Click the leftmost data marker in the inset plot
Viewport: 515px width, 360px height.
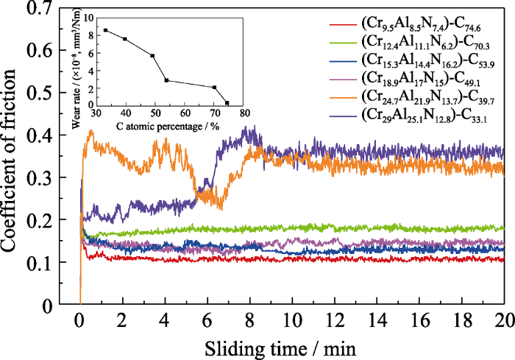click(106, 30)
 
